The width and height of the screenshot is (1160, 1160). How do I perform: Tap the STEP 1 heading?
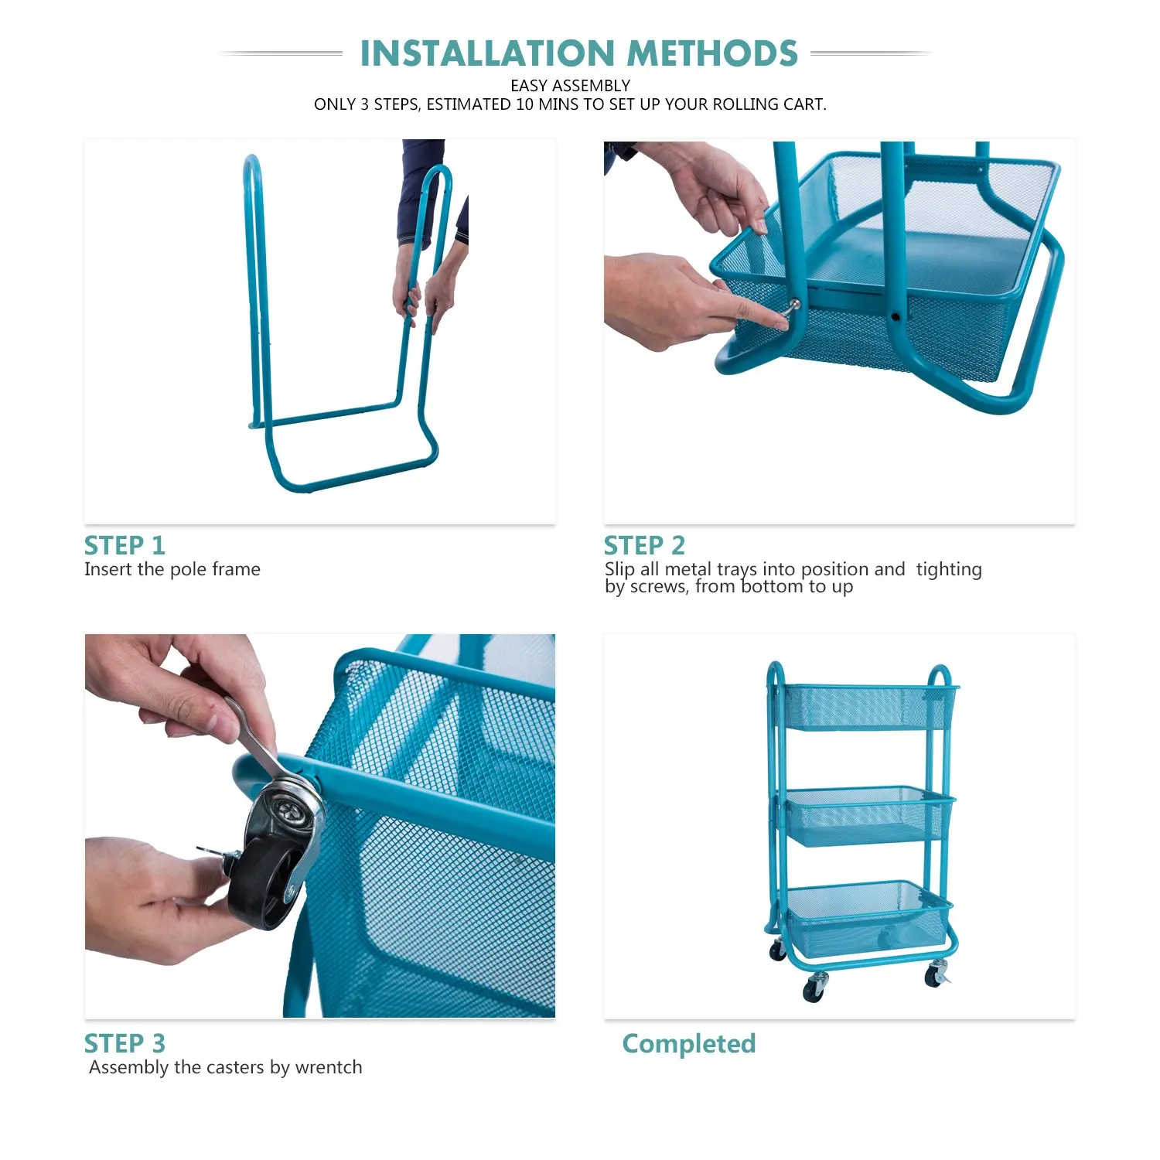(x=125, y=545)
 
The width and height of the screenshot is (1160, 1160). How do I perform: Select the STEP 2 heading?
(x=644, y=545)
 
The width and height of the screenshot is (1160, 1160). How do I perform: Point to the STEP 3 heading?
(x=125, y=1043)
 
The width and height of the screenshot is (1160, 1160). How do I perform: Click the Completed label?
(x=689, y=1044)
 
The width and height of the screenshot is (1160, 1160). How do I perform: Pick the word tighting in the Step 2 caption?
(x=949, y=570)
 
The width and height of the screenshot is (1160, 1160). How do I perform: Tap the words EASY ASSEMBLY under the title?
(x=571, y=86)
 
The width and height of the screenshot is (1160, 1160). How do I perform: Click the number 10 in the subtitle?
(x=525, y=104)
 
